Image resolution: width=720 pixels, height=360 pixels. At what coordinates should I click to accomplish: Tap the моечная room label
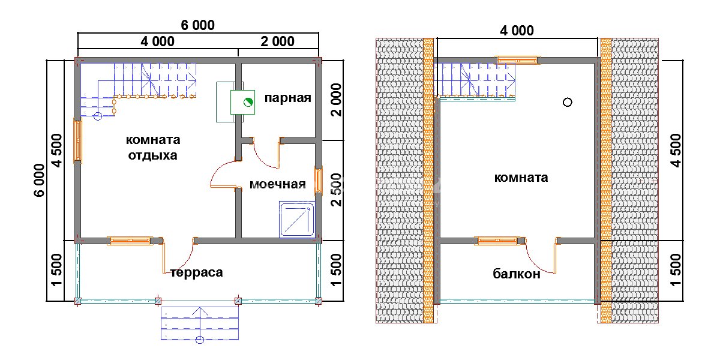pos(278,184)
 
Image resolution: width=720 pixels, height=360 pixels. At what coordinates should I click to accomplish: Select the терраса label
pos(197,273)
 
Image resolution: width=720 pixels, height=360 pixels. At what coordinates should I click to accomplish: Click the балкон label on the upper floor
pos(517,275)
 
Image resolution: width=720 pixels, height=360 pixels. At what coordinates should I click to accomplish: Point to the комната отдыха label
pos(153,148)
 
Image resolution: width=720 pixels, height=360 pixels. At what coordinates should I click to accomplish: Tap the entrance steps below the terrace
pos(200,324)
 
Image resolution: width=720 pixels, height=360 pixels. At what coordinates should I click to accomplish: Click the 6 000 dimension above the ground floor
pos(197,25)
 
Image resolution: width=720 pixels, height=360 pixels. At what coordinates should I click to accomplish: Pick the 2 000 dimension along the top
pos(277,41)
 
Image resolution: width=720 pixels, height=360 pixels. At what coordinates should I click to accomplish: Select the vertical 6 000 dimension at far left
pos(39,180)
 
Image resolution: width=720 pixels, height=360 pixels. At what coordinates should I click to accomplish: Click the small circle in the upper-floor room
pos(567,102)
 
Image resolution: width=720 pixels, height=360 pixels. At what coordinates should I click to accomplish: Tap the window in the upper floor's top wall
pos(518,59)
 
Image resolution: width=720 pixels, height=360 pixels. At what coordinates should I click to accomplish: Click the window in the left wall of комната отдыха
pos(77,140)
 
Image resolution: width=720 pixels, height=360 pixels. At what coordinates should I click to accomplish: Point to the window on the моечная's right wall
pos(319,180)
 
